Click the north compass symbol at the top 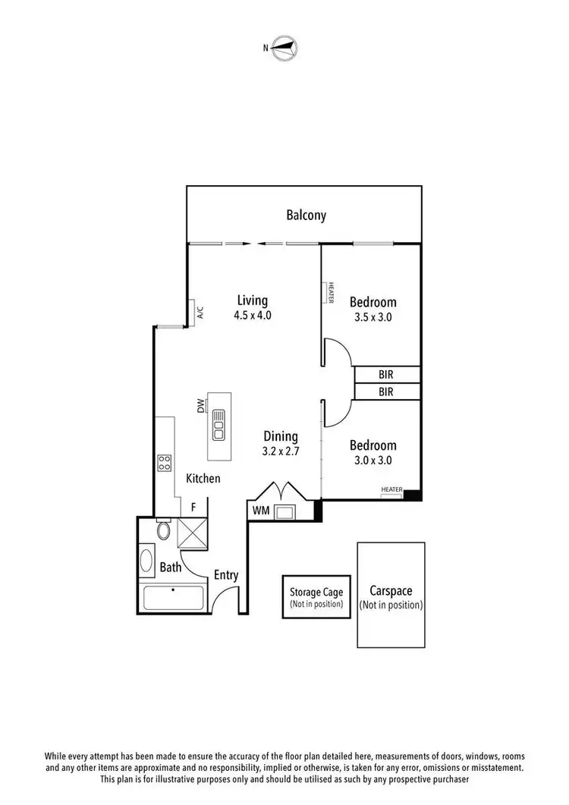[x=284, y=47]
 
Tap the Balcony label [x=306, y=215]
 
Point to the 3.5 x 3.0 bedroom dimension [x=373, y=317]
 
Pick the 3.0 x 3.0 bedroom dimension [x=373, y=460]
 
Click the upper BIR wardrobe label [x=385, y=374]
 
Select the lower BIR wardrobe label [x=385, y=391]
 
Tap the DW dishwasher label [x=201, y=407]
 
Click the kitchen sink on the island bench [x=219, y=425]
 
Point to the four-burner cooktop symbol [x=165, y=463]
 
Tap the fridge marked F [x=193, y=507]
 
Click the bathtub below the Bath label [x=173, y=598]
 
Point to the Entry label [x=225, y=575]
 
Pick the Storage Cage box [x=316, y=597]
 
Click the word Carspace [x=391, y=590]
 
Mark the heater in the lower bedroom [x=391, y=490]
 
